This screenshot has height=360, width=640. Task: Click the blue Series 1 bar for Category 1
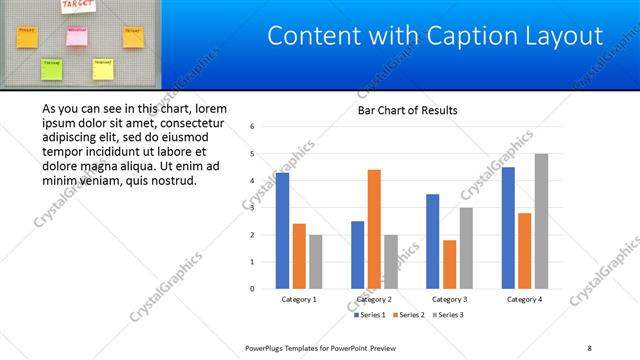282,231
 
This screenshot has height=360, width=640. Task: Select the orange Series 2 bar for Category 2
374,229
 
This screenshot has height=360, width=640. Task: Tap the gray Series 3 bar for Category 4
541,221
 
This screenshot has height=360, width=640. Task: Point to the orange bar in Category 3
449,264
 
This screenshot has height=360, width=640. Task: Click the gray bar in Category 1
316,262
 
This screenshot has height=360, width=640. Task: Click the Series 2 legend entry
409,315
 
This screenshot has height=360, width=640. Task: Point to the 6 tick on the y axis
253,127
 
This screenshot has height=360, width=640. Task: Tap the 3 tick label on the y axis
253,208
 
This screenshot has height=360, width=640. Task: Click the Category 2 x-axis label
374,299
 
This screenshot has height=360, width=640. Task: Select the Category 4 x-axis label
524,299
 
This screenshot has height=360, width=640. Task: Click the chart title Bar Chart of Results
407,110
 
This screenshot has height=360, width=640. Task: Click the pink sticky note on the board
76,36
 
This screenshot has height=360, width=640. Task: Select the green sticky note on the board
51,69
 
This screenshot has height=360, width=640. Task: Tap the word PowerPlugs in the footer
267,348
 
